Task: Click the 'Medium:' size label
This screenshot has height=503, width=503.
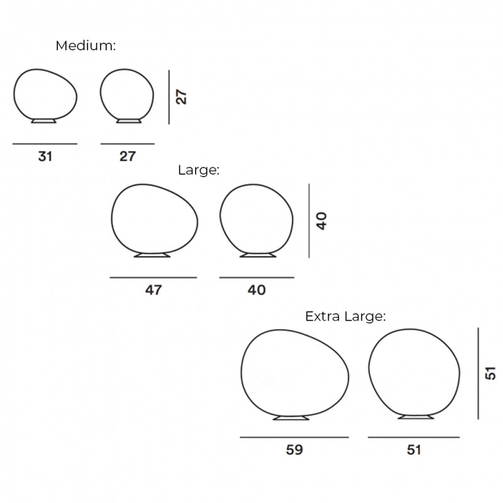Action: (x=86, y=46)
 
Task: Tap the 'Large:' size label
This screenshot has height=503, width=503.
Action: (x=198, y=170)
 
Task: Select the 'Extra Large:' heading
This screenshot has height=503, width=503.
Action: (x=345, y=316)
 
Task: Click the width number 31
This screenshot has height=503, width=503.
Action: (x=45, y=157)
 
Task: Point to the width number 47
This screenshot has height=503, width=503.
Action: (x=153, y=290)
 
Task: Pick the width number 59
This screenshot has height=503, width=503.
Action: (x=294, y=450)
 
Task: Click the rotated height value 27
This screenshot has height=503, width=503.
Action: (x=182, y=97)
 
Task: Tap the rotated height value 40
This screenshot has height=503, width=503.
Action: (x=322, y=221)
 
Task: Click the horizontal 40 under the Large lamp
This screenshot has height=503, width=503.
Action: (x=257, y=290)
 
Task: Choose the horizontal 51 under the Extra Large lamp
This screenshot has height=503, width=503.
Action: (x=414, y=450)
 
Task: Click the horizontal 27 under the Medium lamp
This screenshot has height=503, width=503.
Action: (x=128, y=157)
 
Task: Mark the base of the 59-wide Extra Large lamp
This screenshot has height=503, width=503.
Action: (x=291, y=417)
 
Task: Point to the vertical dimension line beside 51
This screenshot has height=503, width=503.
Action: (x=478, y=373)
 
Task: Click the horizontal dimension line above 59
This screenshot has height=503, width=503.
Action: (x=294, y=437)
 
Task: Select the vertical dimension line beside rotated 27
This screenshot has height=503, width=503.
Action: (x=169, y=97)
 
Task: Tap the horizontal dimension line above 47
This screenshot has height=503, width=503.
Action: (x=153, y=277)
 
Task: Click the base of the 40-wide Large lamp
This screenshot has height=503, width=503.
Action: (x=258, y=255)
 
